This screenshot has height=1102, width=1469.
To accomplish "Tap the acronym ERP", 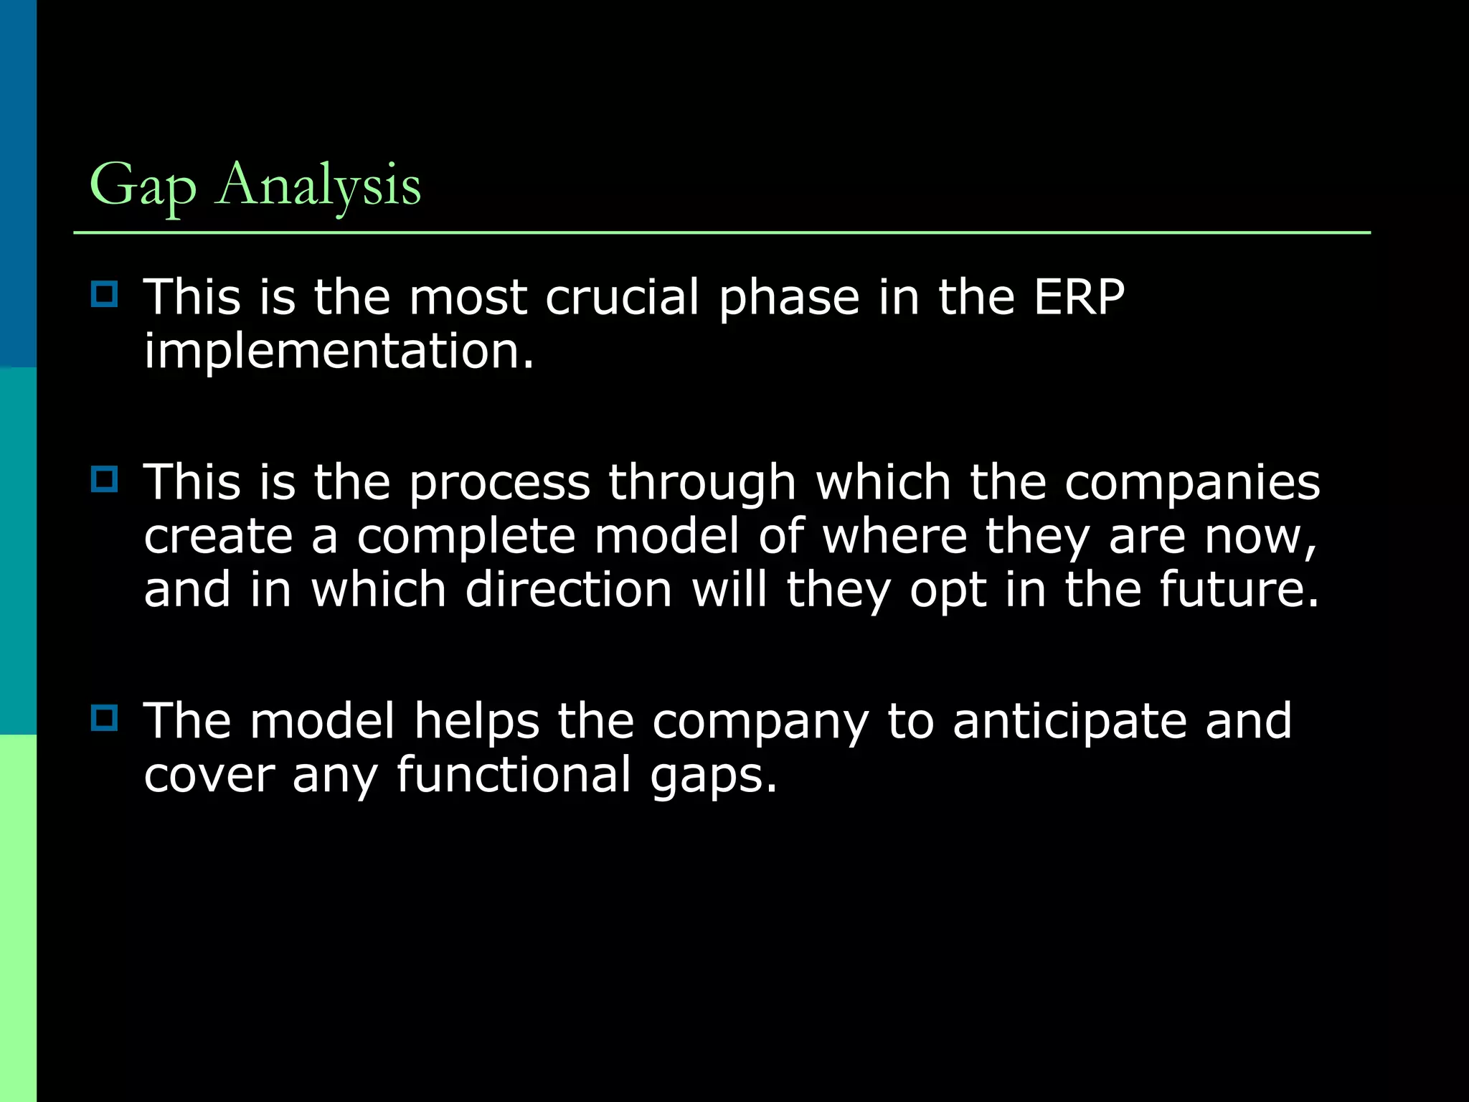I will point(1079,297).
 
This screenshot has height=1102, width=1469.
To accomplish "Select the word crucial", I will point(622,297).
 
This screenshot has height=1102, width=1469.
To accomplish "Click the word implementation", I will point(339,352).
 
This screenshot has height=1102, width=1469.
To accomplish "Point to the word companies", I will point(1192,482).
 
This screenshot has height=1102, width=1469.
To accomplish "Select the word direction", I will point(569,590).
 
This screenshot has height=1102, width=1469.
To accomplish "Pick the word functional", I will point(514,776).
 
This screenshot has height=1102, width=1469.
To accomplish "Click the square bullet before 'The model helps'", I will point(105,717).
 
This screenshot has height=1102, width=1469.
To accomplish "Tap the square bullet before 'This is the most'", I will point(105,294).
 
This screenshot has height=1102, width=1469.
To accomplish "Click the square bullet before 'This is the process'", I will point(105,479).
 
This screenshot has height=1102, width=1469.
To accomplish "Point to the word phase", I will point(789,298).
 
